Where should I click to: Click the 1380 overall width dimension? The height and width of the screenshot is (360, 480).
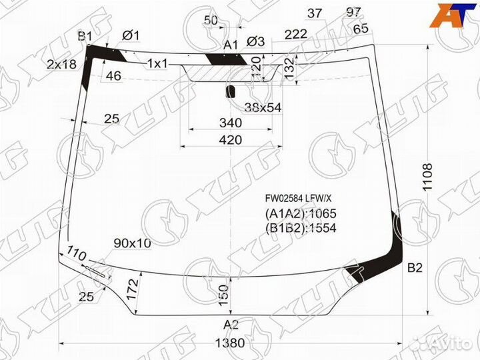pos(230,344)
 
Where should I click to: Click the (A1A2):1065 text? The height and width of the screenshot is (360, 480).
pos(301,214)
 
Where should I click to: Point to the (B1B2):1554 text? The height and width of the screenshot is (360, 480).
pos(301,227)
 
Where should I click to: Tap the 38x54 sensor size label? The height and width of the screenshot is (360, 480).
pos(244,107)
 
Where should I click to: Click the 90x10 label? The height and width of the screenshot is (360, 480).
pos(132,243)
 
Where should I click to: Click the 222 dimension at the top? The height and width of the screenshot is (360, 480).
pos(295,34)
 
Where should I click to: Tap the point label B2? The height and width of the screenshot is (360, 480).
pos(415,269)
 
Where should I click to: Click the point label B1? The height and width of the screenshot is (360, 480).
pos(85,36)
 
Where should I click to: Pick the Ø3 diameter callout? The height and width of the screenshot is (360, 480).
pos(255,42)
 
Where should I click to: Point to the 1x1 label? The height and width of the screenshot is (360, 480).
pos(157,63)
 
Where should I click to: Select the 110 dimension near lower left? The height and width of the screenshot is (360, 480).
pos(77,254)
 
